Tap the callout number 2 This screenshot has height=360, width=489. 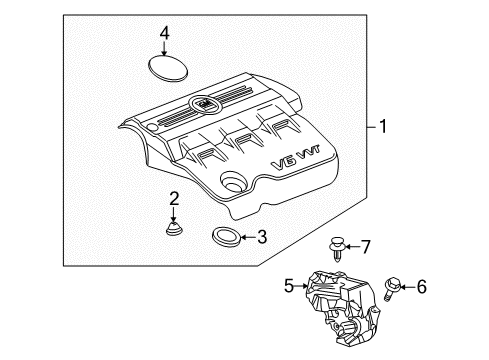click(174, 198)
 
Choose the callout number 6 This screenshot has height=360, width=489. click(421, 287)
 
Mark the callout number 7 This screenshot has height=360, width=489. click(366, 245)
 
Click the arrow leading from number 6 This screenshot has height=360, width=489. click(407, 287)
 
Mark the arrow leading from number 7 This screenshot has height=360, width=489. click(352, 246)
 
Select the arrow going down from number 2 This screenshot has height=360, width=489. click(174, 212)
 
